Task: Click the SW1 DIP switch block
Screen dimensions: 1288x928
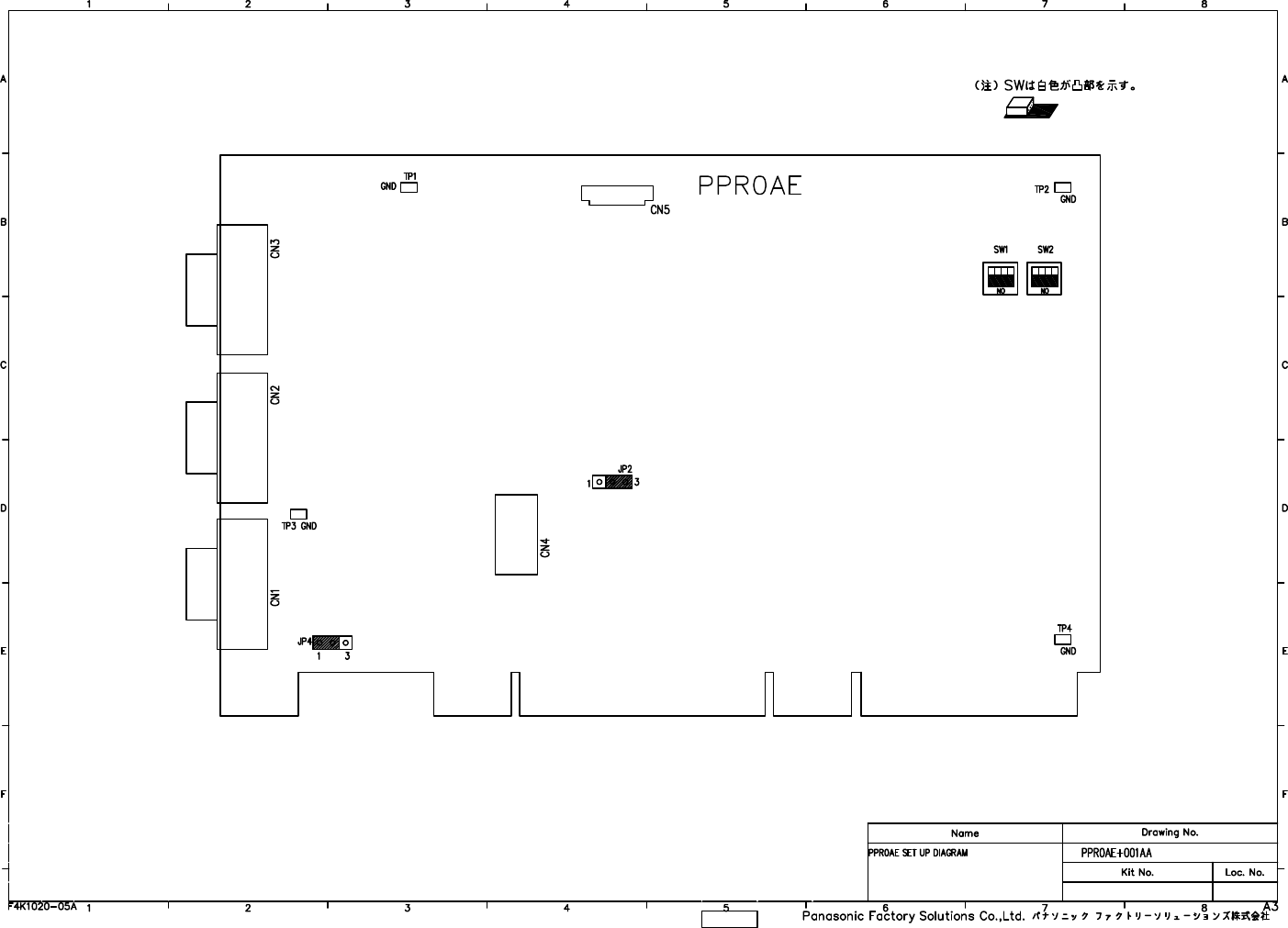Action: [x=1000, y=278]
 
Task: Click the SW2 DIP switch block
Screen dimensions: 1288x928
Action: [x=1044, y=278]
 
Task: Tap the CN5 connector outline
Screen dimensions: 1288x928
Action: [x=616, y=195]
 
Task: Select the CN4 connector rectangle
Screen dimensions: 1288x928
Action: [x=516, y=534]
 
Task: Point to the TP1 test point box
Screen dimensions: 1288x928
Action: [x=409, y=187]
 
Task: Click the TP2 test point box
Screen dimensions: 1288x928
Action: [x=1062, y=188]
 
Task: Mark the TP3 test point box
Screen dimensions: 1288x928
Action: [x=298, y=514]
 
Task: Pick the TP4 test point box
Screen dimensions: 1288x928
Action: [x=1062, y=639]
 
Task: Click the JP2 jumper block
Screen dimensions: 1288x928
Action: [x=612, y=482]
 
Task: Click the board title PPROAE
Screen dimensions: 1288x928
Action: [x=750, y=185]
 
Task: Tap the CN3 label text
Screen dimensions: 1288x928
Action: [x=274, y=249]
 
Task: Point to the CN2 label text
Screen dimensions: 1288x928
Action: [x=274, y=395]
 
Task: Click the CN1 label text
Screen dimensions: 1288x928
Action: [x=274, y=598]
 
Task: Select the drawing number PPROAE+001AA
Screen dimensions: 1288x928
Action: [x=1116, y=853]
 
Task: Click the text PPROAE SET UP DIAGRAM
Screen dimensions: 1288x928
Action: [x=917, y=853]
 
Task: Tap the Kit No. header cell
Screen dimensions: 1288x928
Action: [x=1137, y=872]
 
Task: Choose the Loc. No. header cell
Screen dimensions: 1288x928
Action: [x=1244, y=872]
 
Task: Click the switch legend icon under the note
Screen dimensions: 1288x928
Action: [x=1030, y=110]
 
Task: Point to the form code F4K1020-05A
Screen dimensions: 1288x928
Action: [x=42, y=905]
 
